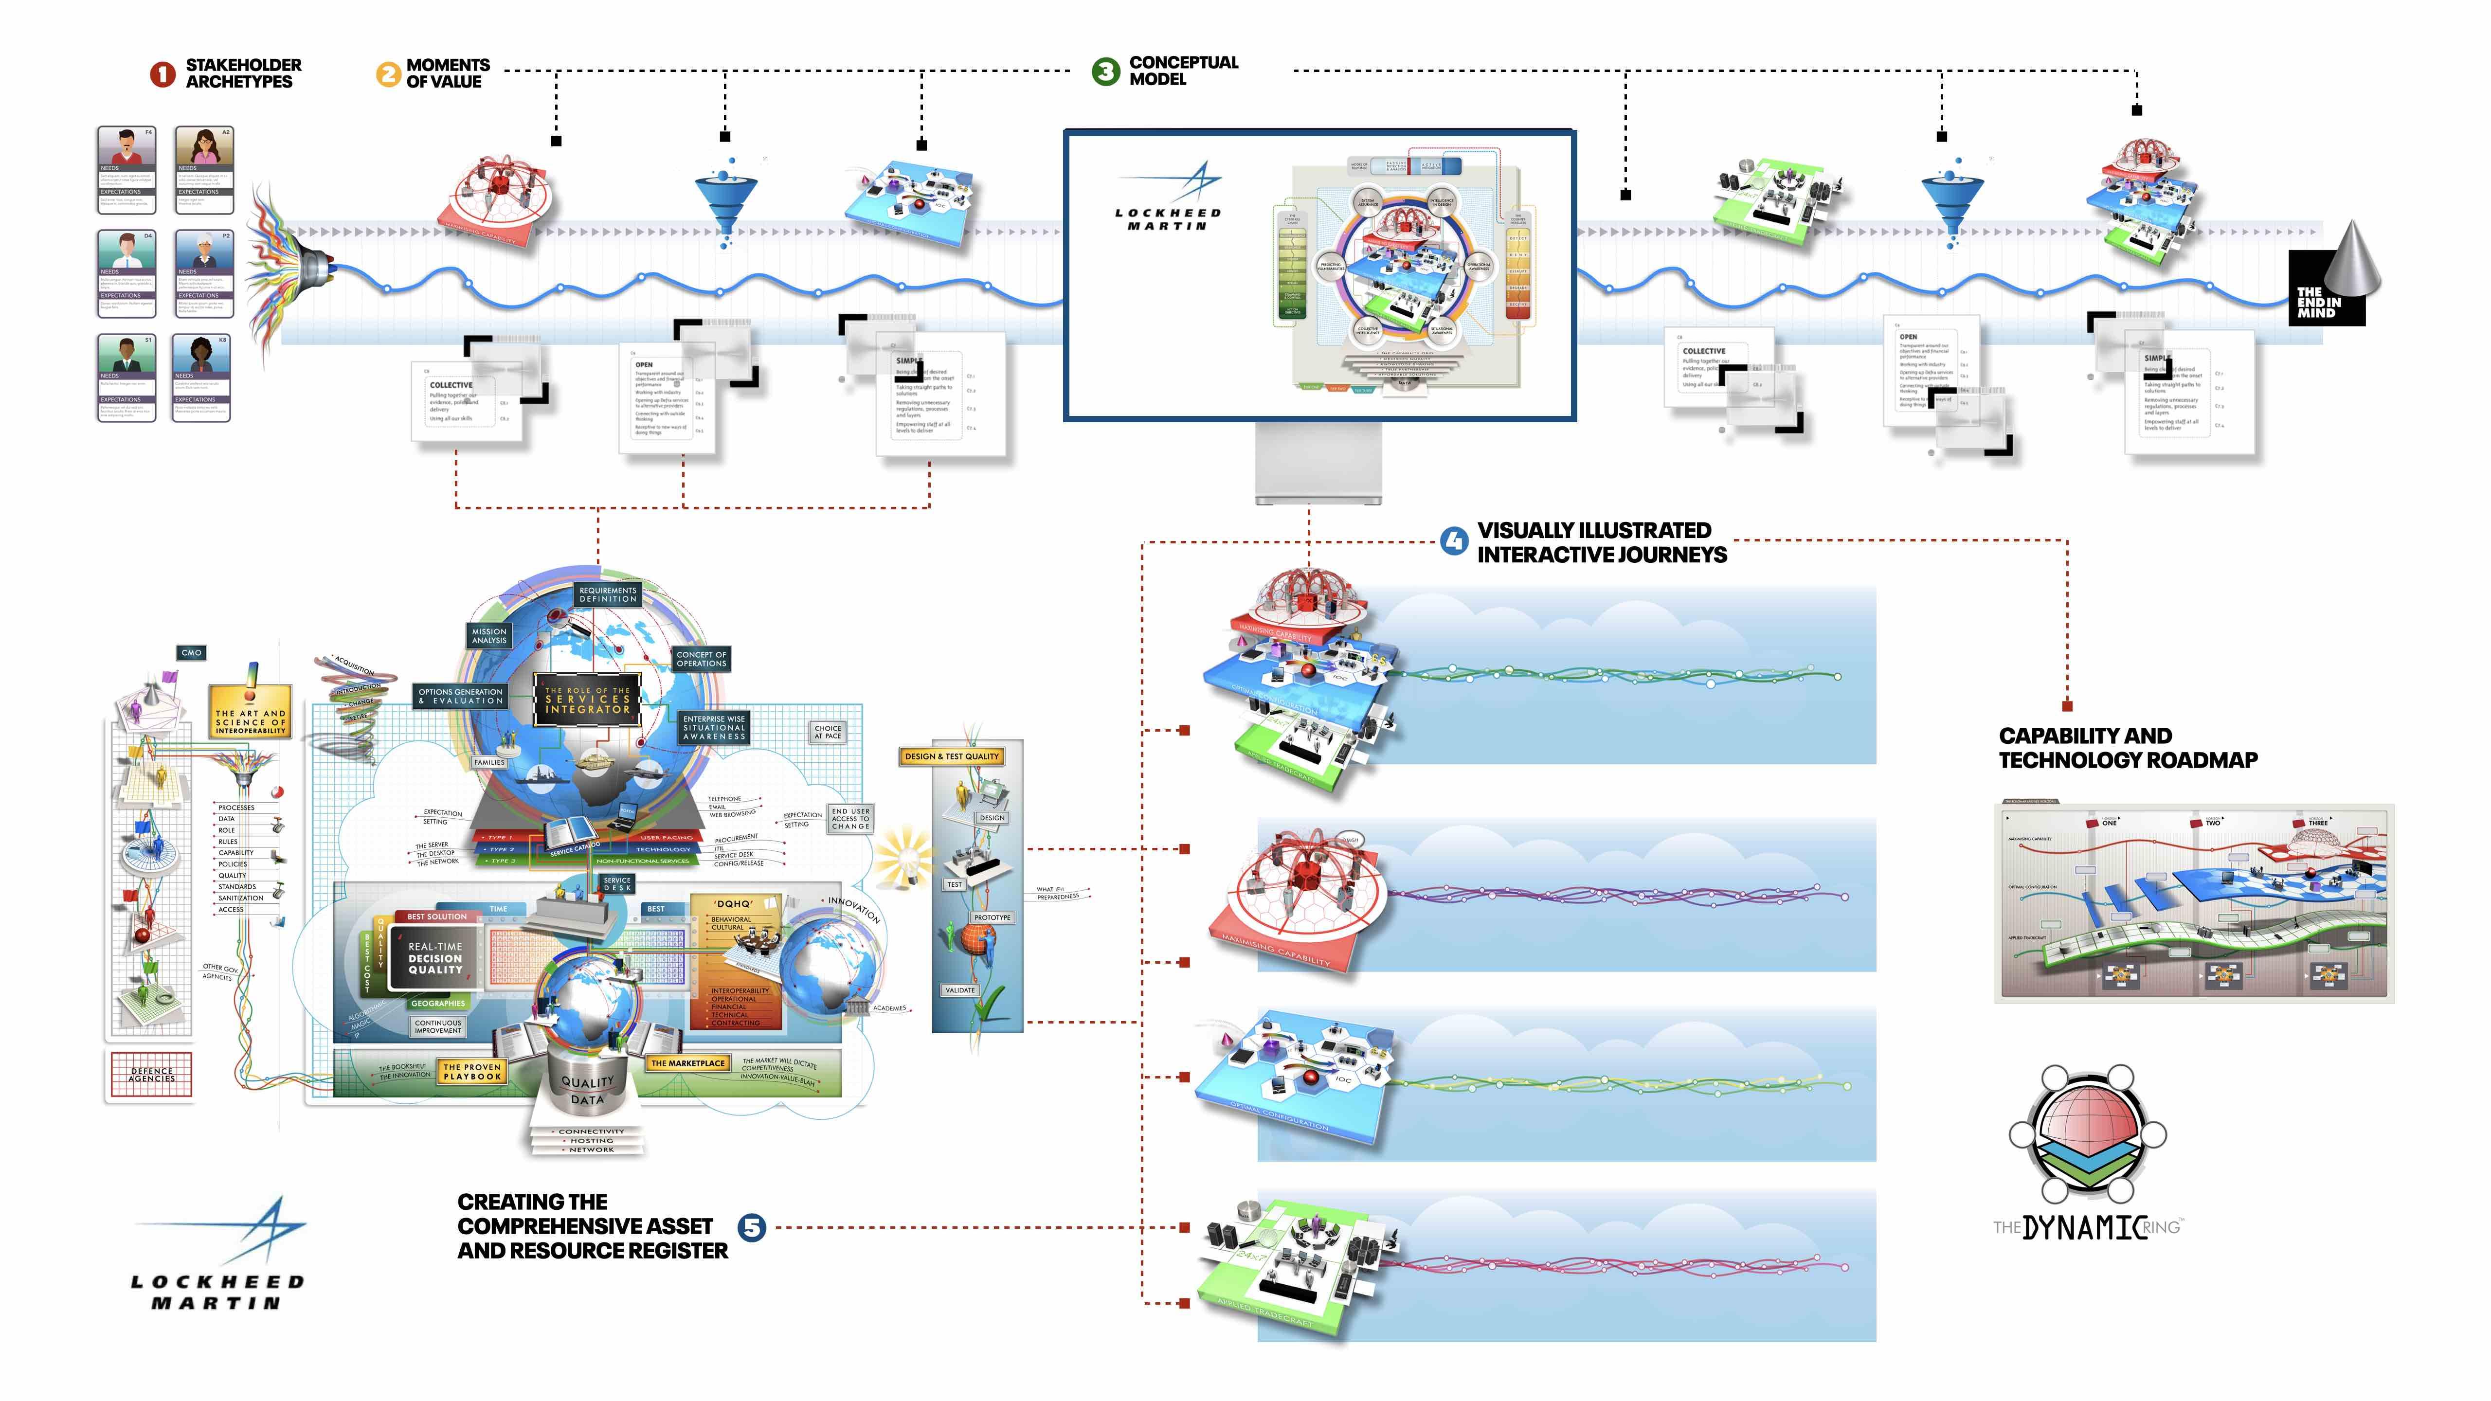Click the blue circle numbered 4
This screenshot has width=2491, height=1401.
tap(1453, 541)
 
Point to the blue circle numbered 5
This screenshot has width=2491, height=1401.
tap(751, 1227)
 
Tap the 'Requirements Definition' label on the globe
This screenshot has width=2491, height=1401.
tap(607, 594)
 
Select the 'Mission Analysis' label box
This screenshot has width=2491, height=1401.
tap(489, 635)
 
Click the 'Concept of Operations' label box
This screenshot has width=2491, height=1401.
tap(701, 659)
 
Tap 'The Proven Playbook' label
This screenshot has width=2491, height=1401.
tap(472, 1071)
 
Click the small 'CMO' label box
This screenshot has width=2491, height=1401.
tap(192, 653)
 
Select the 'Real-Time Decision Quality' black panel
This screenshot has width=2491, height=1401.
tap(434, 958)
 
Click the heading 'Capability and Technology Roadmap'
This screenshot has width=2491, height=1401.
tap(2128, 747)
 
